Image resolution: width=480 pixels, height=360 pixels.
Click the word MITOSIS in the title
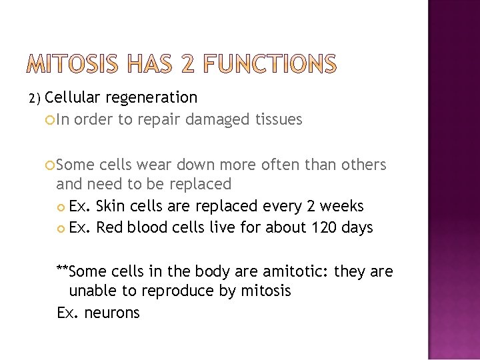point(73,65)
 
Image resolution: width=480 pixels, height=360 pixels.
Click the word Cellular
point(73,97)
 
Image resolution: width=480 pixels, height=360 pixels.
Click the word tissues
point(279,119)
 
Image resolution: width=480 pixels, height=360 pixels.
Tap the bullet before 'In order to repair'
point(51,120)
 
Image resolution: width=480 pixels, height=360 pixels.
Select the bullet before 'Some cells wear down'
point(51,165)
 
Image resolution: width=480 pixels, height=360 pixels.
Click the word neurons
point(113,312)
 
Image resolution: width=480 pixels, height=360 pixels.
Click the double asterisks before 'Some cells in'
point(63,269)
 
